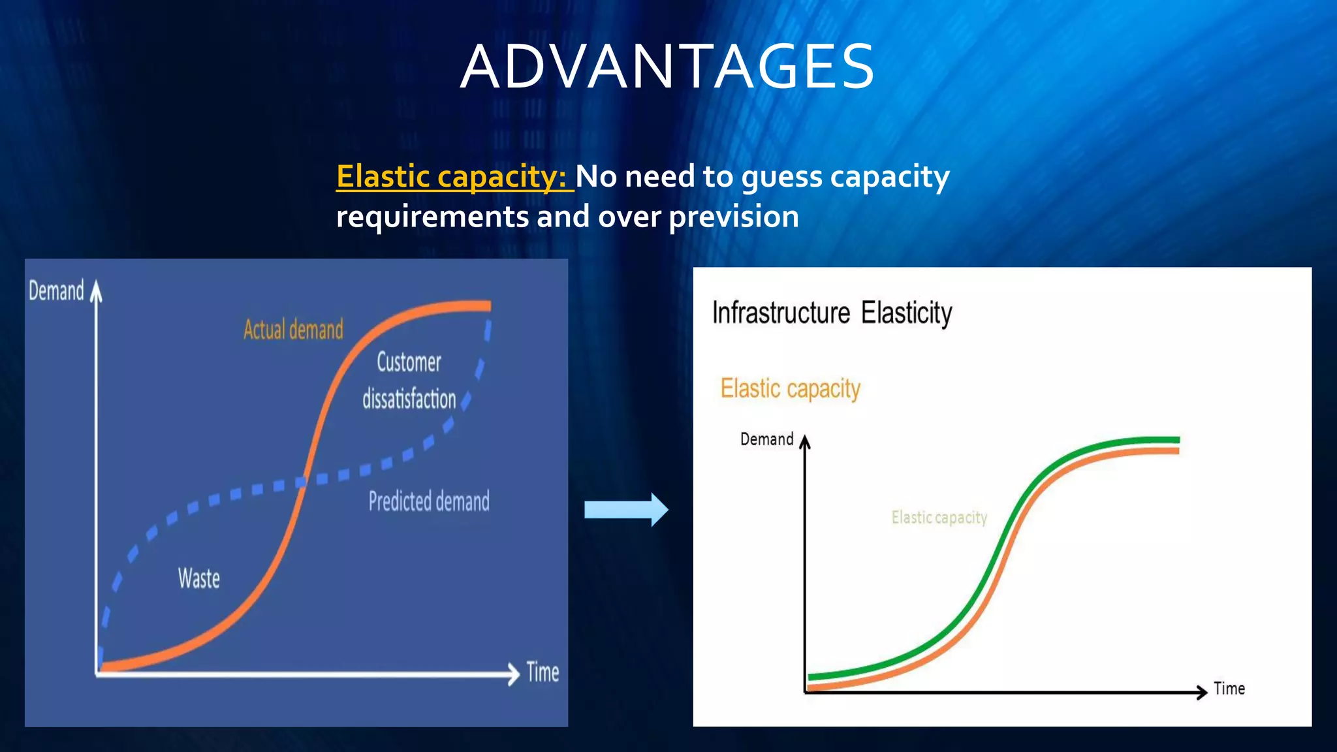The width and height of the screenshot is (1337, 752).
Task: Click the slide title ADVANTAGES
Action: coord(667,67)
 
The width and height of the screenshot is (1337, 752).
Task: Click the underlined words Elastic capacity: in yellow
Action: coord(454,176)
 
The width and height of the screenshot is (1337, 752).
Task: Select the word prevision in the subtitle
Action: coord(733,217)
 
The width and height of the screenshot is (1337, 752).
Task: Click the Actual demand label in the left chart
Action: coord(293,330)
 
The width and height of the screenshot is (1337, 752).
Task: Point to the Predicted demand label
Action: coord(429,501)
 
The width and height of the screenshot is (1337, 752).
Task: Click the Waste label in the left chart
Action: coord(199,578)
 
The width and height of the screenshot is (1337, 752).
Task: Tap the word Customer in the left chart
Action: coord(409,362)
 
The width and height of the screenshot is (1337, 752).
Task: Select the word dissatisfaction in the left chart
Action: coord(409,399)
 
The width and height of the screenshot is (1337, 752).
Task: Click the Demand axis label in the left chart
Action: coord(56,291)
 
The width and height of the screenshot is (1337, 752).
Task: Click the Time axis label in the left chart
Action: coord(543,672)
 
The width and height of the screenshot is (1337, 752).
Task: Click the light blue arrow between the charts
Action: coord(625,509)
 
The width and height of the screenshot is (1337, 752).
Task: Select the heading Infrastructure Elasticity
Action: coord(832,313)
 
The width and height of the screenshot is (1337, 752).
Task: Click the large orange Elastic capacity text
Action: coord(790,389)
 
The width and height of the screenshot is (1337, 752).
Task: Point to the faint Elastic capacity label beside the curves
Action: coord(939,518)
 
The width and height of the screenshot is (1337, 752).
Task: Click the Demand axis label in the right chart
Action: coord(766,439)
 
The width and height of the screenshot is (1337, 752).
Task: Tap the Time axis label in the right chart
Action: coord(1229,689)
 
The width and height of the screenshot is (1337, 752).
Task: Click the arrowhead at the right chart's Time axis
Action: coord(1202,692)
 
